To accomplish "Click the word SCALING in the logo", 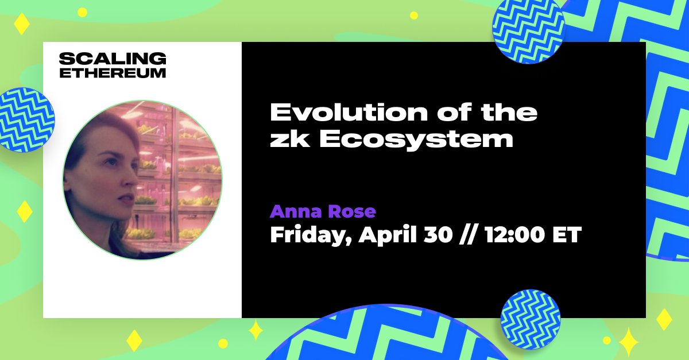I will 113,59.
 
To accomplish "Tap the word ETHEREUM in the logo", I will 113,73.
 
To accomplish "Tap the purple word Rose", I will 351,212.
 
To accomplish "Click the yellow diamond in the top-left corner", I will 21,24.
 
